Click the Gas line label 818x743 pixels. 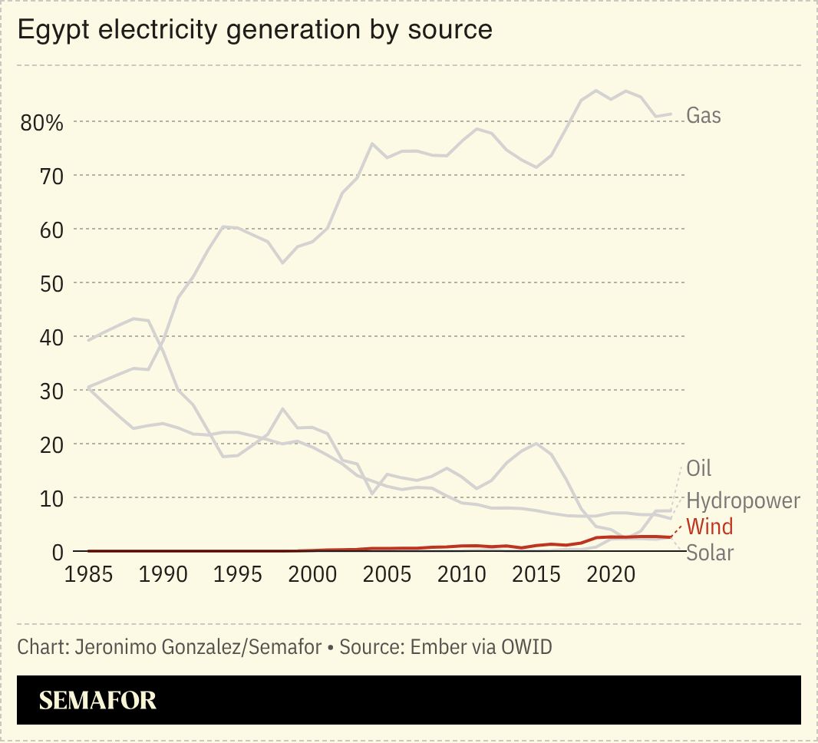703,116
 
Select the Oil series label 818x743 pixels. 698,468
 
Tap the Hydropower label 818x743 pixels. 743,501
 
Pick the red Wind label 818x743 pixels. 709,527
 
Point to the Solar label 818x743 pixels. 710,552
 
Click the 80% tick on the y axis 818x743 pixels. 41,123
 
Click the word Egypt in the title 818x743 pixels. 48,30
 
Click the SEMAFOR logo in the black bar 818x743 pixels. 97,700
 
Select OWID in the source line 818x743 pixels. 526,647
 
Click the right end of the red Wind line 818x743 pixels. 671,537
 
